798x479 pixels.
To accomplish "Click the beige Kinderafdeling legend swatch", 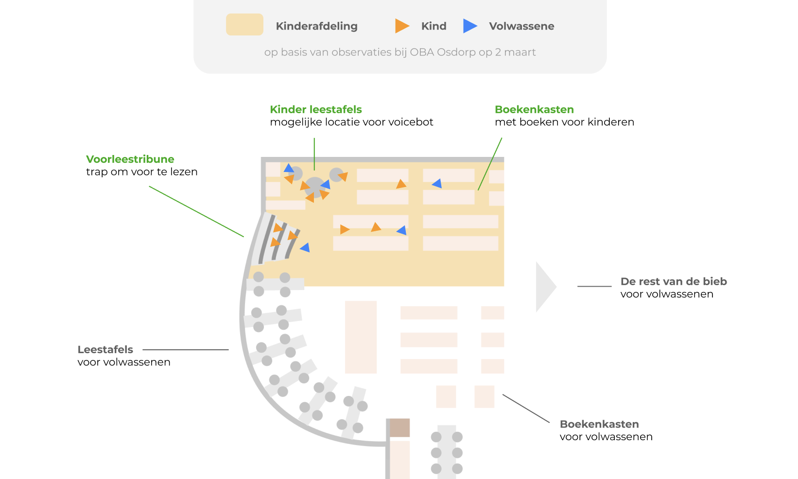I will (244, 24).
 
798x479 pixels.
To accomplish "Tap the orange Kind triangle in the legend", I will (401, 26).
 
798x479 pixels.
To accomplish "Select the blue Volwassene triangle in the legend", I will (469, 26).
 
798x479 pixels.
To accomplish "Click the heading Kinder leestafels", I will (316, 110).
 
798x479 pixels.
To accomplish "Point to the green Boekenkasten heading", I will (534, 110).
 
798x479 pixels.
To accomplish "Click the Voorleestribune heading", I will (130, 159).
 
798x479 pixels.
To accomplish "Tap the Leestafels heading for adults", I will (105, 350).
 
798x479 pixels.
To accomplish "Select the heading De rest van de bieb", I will (674, 282).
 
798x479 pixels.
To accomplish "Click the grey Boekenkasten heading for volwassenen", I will (599, 425).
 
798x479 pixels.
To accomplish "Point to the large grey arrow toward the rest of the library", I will (544, 287).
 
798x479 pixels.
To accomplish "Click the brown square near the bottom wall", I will (400, 428).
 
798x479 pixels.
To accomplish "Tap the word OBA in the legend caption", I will (421, 52).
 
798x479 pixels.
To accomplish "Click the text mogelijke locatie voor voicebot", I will (351, 122).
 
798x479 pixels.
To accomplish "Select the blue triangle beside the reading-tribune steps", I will (305, 248).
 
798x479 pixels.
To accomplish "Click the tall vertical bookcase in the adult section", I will (361, 337).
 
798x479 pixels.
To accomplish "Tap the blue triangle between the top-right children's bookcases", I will (437, 184).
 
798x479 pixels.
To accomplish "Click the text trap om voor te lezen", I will (141, 172).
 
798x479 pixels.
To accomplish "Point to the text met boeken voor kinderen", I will (564, 122).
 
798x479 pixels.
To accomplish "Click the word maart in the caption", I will (520, 52).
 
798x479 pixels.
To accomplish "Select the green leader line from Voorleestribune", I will (196, 212).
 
